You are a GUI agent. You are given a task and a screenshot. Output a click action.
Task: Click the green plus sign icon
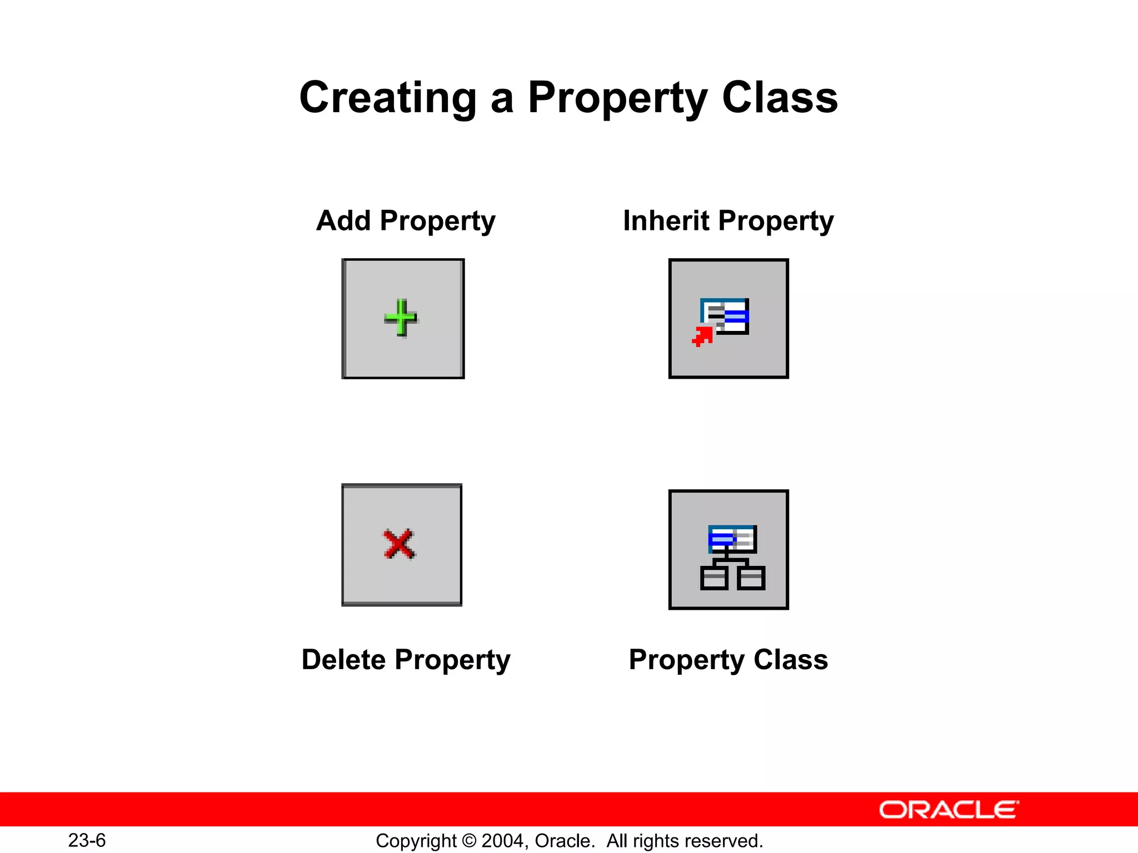[x=400, y=318]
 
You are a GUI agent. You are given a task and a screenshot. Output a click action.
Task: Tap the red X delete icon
[x=399, y=544]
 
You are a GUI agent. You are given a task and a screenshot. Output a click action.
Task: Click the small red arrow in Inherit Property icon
[x=702, y=337]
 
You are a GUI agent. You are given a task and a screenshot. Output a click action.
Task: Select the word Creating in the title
[x=387, y=98]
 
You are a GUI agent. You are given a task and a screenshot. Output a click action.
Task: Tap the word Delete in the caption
[x=343, y=660]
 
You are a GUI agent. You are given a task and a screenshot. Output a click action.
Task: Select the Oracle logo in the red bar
[x=949, y=810]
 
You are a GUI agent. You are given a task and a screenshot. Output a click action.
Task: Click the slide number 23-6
[x=87, y=840]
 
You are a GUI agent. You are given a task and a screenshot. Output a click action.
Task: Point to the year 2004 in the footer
[x=502, y=841]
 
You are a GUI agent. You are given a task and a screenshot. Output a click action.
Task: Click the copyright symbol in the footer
[x=469, y=841]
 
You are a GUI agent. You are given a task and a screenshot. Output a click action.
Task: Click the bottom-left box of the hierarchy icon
[x=714, y=578]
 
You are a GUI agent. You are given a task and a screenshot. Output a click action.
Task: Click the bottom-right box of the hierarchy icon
[x=751, y=578]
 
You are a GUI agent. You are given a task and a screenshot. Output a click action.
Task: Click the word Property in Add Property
[x=437, y=222]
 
